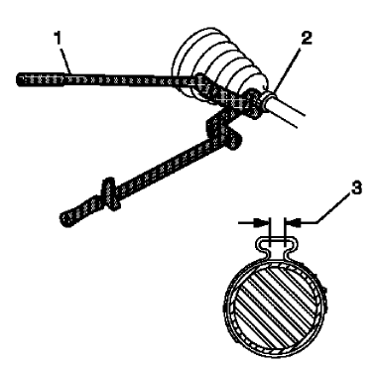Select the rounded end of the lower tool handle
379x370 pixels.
[67, 213]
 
